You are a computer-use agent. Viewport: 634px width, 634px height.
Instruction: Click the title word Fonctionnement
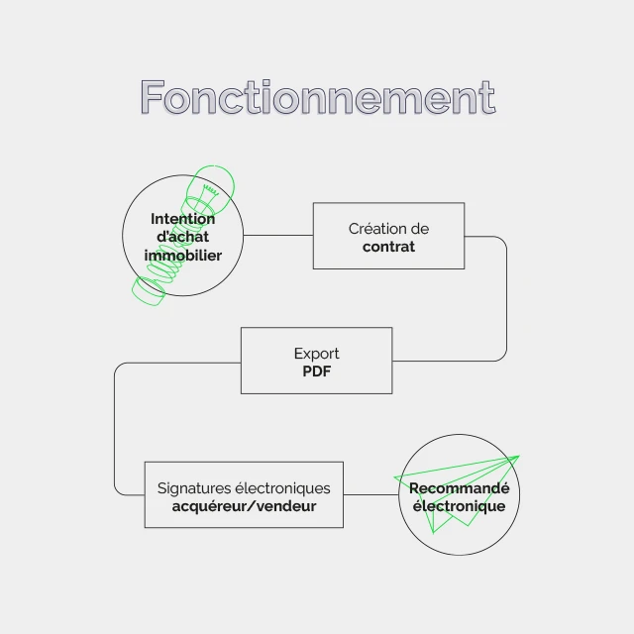[318, 97]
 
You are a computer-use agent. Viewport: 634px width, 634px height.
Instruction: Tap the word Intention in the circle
[182, 219]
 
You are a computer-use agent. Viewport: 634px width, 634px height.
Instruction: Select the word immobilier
[182, 256]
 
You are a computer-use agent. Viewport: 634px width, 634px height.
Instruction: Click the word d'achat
[182, 237]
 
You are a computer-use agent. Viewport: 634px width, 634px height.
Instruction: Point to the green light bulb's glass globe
[214, 184]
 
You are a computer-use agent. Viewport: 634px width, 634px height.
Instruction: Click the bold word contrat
[388, 247]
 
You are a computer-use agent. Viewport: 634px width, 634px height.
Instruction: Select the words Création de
[388, 229]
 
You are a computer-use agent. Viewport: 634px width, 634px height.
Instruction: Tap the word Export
[317, 354]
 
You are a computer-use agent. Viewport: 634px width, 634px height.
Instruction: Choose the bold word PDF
[317, 371]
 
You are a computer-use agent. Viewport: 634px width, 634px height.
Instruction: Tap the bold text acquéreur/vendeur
[245, 506]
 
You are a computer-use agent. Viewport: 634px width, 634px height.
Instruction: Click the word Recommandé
[460, 488]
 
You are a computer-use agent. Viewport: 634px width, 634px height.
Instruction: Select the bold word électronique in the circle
[460, 506]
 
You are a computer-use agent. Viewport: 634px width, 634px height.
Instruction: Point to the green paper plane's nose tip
[519, 456]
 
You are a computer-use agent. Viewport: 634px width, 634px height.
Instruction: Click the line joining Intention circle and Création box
[278, 235]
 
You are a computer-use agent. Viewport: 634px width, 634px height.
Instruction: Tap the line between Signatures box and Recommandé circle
[370, 494]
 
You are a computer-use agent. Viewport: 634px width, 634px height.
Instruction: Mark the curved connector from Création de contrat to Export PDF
[506, 298]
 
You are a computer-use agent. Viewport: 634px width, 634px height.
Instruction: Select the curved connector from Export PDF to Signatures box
[115, 429]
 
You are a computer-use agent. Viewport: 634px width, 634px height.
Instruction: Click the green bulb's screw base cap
[149, 290]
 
